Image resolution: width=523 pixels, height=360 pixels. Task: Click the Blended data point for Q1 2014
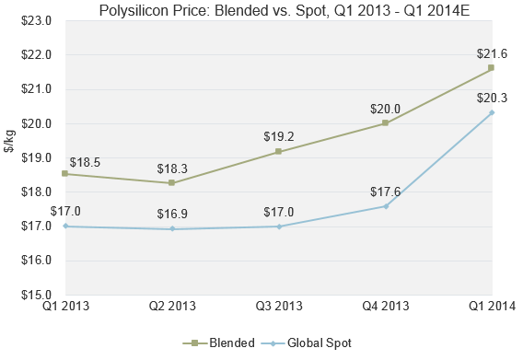click(492, 67)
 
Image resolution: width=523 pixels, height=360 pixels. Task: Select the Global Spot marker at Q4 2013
click(385, 206)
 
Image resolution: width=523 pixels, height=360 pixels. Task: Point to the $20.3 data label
click(492, 97)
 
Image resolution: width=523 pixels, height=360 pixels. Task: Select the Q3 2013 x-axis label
click(278, 308)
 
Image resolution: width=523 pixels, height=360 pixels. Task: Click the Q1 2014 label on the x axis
click(492, 308)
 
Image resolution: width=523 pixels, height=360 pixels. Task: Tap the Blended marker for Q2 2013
click(171, 182)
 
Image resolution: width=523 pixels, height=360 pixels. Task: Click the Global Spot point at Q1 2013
click(64, 226)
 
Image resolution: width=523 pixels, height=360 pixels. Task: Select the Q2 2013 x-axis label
click(171, 308)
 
